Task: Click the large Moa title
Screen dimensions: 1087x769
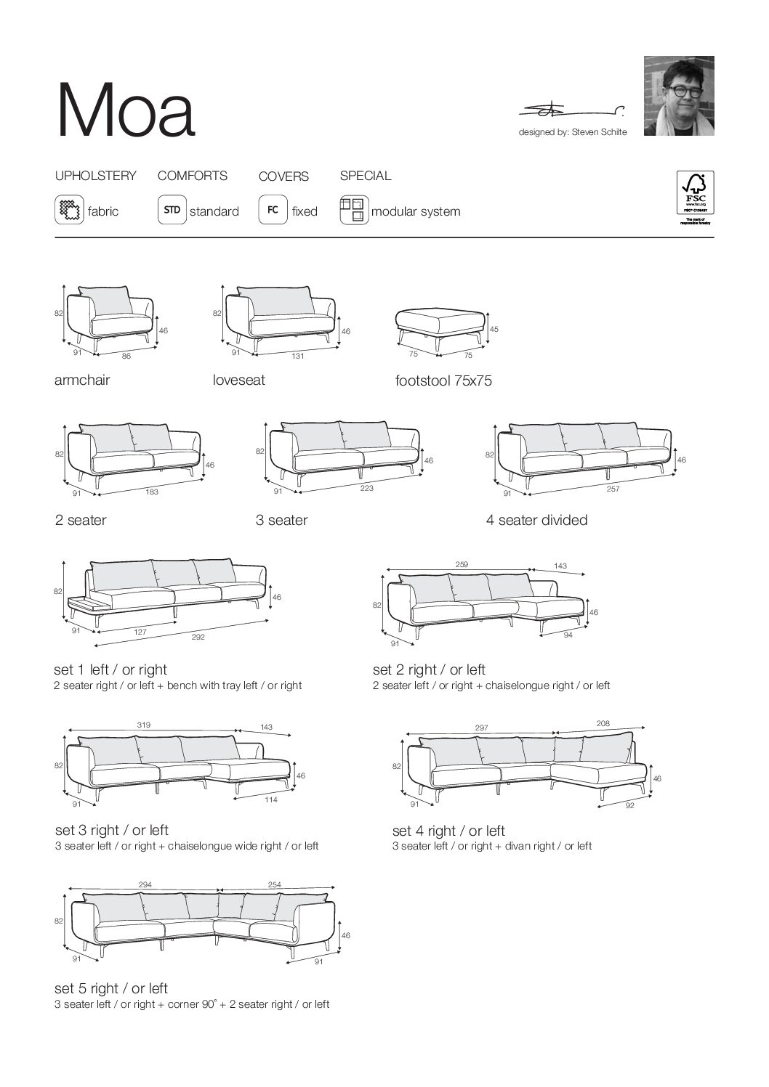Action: tap(126, 111)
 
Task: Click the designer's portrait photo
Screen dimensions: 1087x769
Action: tap(679, 95)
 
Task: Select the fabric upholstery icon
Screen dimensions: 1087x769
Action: tap(69, 211)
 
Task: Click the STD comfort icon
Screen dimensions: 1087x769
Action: tap(172, 211)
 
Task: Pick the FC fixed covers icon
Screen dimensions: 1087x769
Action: tap(273, 211)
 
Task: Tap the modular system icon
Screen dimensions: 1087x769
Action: tap(353, 211)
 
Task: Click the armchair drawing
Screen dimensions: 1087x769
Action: tap(112, 316)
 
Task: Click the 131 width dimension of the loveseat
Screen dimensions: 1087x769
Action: tap(297, 356)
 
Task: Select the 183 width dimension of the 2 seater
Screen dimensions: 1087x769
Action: tap(152, 492)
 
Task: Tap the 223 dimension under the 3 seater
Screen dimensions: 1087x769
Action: tap(366, 488)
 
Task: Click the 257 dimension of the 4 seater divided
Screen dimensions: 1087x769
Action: tap(613, 489)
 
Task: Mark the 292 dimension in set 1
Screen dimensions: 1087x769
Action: tap(198, 638)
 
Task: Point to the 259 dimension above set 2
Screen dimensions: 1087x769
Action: tap(461, 564)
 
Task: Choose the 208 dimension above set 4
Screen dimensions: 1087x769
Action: tap(602, 723)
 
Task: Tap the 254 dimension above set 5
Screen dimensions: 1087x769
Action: tap(274, 884)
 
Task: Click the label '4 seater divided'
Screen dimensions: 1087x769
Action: tap(536, 520)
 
